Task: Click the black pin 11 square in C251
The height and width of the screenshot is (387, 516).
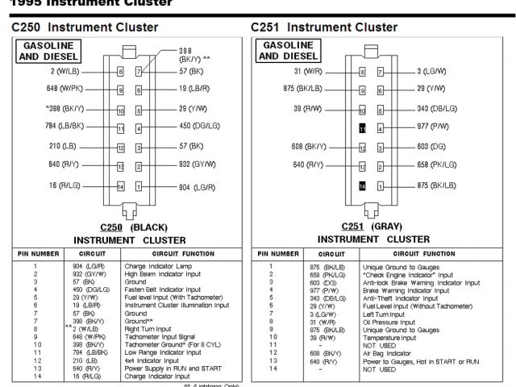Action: (362, 128)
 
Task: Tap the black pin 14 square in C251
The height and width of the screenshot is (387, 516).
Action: (362, 185)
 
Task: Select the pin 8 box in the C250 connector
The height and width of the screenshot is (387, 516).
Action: (120, 71)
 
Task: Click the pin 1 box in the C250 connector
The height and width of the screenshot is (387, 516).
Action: (139, 186)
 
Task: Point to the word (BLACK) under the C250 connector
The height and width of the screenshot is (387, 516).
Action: (148, 227)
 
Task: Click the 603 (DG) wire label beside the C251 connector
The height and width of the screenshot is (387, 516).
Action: (431, 147)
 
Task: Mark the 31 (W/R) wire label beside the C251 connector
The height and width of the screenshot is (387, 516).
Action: (308, 71)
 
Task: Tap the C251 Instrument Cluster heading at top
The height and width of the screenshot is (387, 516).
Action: (323, 27)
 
